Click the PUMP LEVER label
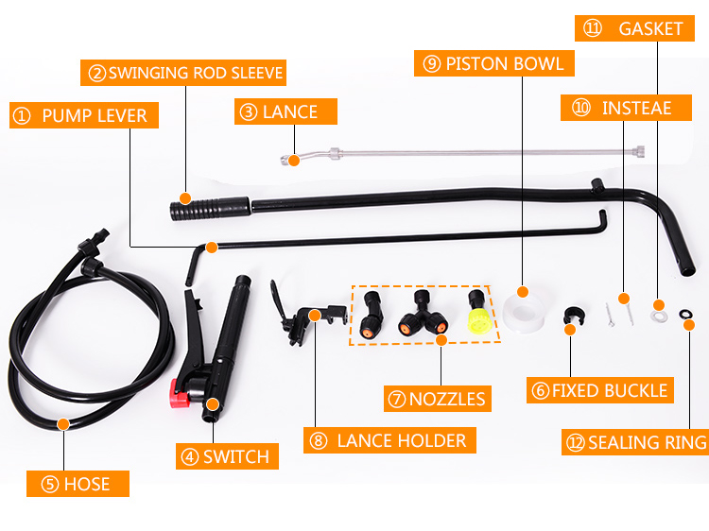84,116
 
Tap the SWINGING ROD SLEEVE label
186,73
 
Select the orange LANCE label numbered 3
286,111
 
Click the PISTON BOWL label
493,64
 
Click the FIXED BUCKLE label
599,390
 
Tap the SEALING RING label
637,442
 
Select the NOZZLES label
438,399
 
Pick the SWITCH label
228,457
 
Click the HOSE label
78,485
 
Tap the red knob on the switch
180,388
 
